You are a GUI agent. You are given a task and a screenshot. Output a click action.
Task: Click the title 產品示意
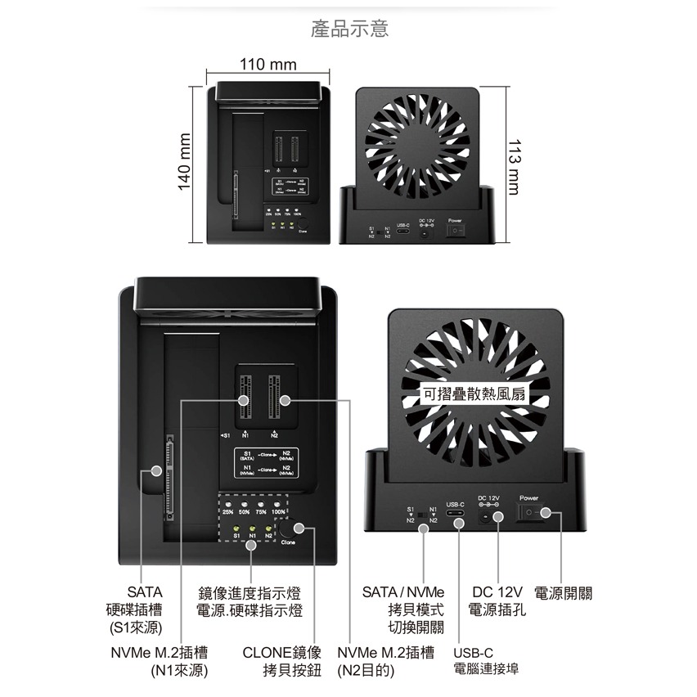350,29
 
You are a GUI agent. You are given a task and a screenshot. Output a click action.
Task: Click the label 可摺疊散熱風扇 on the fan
474,394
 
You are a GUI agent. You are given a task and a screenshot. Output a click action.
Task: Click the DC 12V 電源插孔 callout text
497,601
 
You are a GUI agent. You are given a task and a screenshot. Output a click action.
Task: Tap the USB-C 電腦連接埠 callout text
484,661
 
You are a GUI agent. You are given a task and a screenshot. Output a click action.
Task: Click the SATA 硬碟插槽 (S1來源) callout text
136,609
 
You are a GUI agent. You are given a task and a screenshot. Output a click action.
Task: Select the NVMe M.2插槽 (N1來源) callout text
159,661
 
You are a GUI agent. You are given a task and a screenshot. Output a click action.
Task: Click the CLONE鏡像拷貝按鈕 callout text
282,661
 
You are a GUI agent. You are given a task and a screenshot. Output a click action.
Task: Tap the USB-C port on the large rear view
457,517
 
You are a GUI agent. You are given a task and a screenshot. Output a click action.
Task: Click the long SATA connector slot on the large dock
169,476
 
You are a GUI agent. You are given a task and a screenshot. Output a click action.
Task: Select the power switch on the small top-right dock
456,232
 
